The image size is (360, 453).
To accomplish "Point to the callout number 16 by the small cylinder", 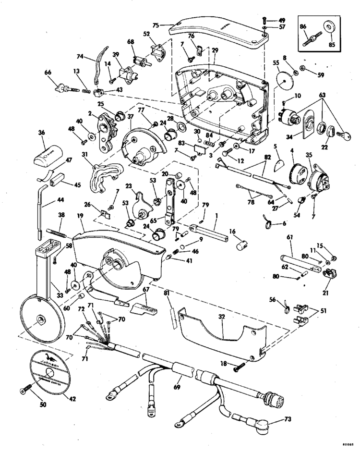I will tap(232, 231).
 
